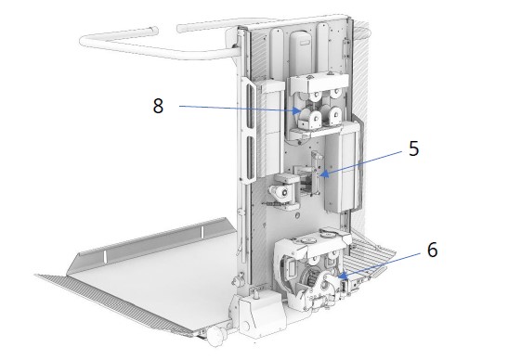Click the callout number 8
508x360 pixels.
[x=158, y=106]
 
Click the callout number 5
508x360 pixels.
[x=413, y=148]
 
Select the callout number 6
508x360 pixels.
[x=432, y=250]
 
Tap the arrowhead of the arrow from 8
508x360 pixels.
[x=297, y=110]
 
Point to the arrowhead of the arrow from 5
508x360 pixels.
[x=325, y=174]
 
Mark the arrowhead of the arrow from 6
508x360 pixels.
[x=342, y=276]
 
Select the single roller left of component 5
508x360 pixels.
[x=280, y=192]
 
